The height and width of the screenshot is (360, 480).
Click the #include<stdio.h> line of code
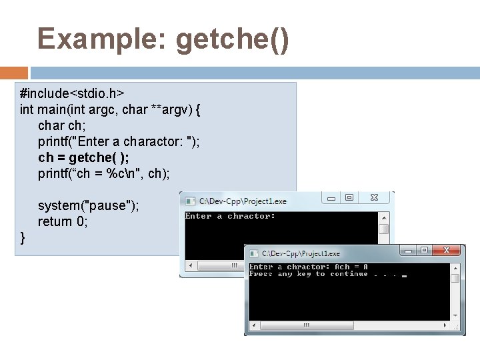[73, 93]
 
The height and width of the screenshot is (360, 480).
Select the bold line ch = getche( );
[84, 157]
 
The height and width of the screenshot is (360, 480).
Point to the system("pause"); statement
[89, 205]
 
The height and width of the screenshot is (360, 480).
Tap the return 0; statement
[63, 221]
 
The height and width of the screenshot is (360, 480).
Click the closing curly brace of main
[23, 237]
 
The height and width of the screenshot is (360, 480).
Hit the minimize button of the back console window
[331, 198]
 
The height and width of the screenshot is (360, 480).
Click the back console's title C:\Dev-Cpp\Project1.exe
[243, 201]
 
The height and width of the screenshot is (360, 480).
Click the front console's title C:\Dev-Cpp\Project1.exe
[300, 254]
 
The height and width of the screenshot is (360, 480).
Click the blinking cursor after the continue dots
[404, 275]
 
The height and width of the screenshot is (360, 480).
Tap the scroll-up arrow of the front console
[455, 267]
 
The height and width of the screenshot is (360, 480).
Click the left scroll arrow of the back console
[189, 265]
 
